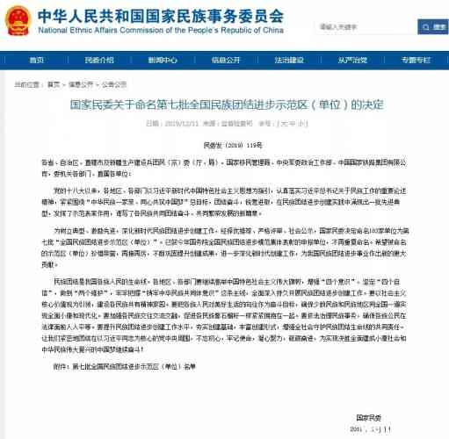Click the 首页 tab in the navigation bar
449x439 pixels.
pos(36,60)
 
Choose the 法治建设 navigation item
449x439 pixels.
pos(296,60)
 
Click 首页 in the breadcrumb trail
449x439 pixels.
pos(54,84)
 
